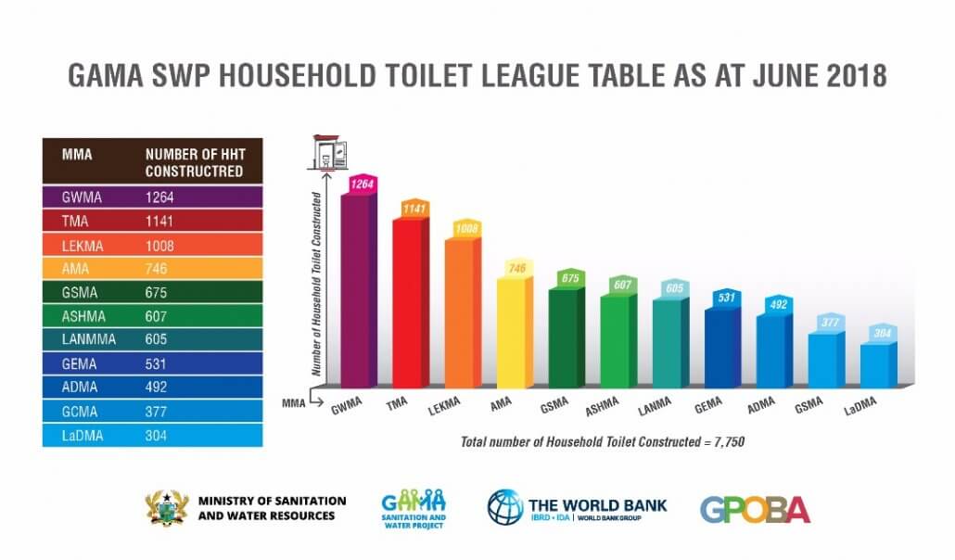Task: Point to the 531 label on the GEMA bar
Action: pyautogui.click(x=727, y=298)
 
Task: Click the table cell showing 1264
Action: pyautogui.click(x=159, y=197)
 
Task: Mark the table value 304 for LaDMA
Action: pyautogui.click(x=157, y=436)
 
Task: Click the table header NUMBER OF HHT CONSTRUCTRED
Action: pyautogui.click(x=194, y=162)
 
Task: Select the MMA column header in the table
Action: pyautogui.click(x=77, y=155)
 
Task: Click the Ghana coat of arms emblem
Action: pyautogui.click(x=168, y=508)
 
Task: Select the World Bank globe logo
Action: pyautogui.click(x=504, y=508)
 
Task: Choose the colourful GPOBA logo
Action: pyautogui.click(x=755, y=509)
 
